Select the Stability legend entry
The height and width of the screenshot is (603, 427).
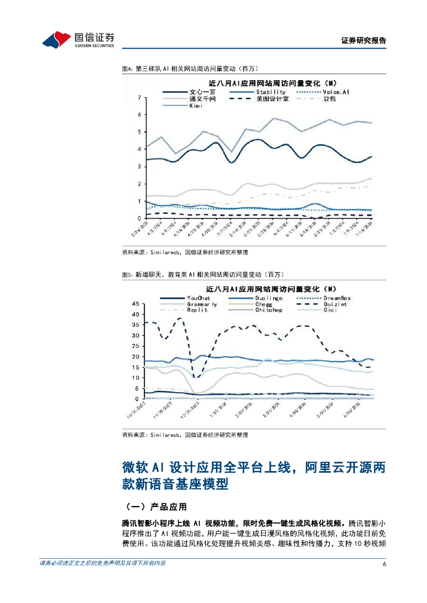(x=271, y=92)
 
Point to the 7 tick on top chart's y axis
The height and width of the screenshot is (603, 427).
(x=139, y=98)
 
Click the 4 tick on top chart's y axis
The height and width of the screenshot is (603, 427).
(x=139, y=150)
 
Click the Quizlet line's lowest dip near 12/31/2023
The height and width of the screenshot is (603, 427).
(x=196, y=377)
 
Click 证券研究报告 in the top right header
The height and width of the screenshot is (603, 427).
(x=364, y=41)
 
